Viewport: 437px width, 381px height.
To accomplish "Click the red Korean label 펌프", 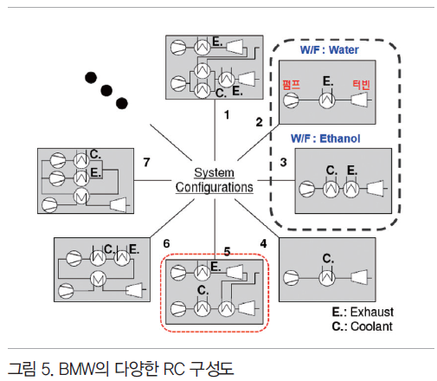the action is (x=291, y=85).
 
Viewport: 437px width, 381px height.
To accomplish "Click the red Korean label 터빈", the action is (x=361, y=85).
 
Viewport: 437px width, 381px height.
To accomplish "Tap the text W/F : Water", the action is (x=330, y=50).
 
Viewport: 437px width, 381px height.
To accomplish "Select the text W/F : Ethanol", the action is (x=325, y=139).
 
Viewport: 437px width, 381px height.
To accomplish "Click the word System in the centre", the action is (x=214, y=172).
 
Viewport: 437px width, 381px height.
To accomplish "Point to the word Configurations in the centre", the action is (x=215, y=187).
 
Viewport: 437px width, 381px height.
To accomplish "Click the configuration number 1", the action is (x=227, y=115).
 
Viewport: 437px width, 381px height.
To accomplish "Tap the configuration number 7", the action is (x=146, y=162).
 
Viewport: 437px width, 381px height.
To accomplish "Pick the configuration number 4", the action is (x=263, y=243).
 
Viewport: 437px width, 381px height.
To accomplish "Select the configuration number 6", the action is (x=166, y=243).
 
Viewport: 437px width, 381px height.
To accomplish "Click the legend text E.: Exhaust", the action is (x=363, y=312).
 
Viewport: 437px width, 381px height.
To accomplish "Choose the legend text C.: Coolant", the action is (x=362, y=326).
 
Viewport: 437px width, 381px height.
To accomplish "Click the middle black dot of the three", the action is (x=106, y=90).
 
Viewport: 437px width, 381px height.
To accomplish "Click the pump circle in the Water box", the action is (x=291, y=100).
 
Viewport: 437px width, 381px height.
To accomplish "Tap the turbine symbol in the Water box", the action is (x=360, y=100).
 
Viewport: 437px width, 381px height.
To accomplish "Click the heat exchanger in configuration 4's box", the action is (x=327, y=278).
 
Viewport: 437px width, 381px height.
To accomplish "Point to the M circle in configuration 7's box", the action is (x=81, y=197).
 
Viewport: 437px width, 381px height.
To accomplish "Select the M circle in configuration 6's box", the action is (x=98, y=279).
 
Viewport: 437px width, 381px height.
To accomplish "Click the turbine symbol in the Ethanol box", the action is (x=376, y=188).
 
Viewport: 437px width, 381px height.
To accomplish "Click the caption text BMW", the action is (x=77, y=369).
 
